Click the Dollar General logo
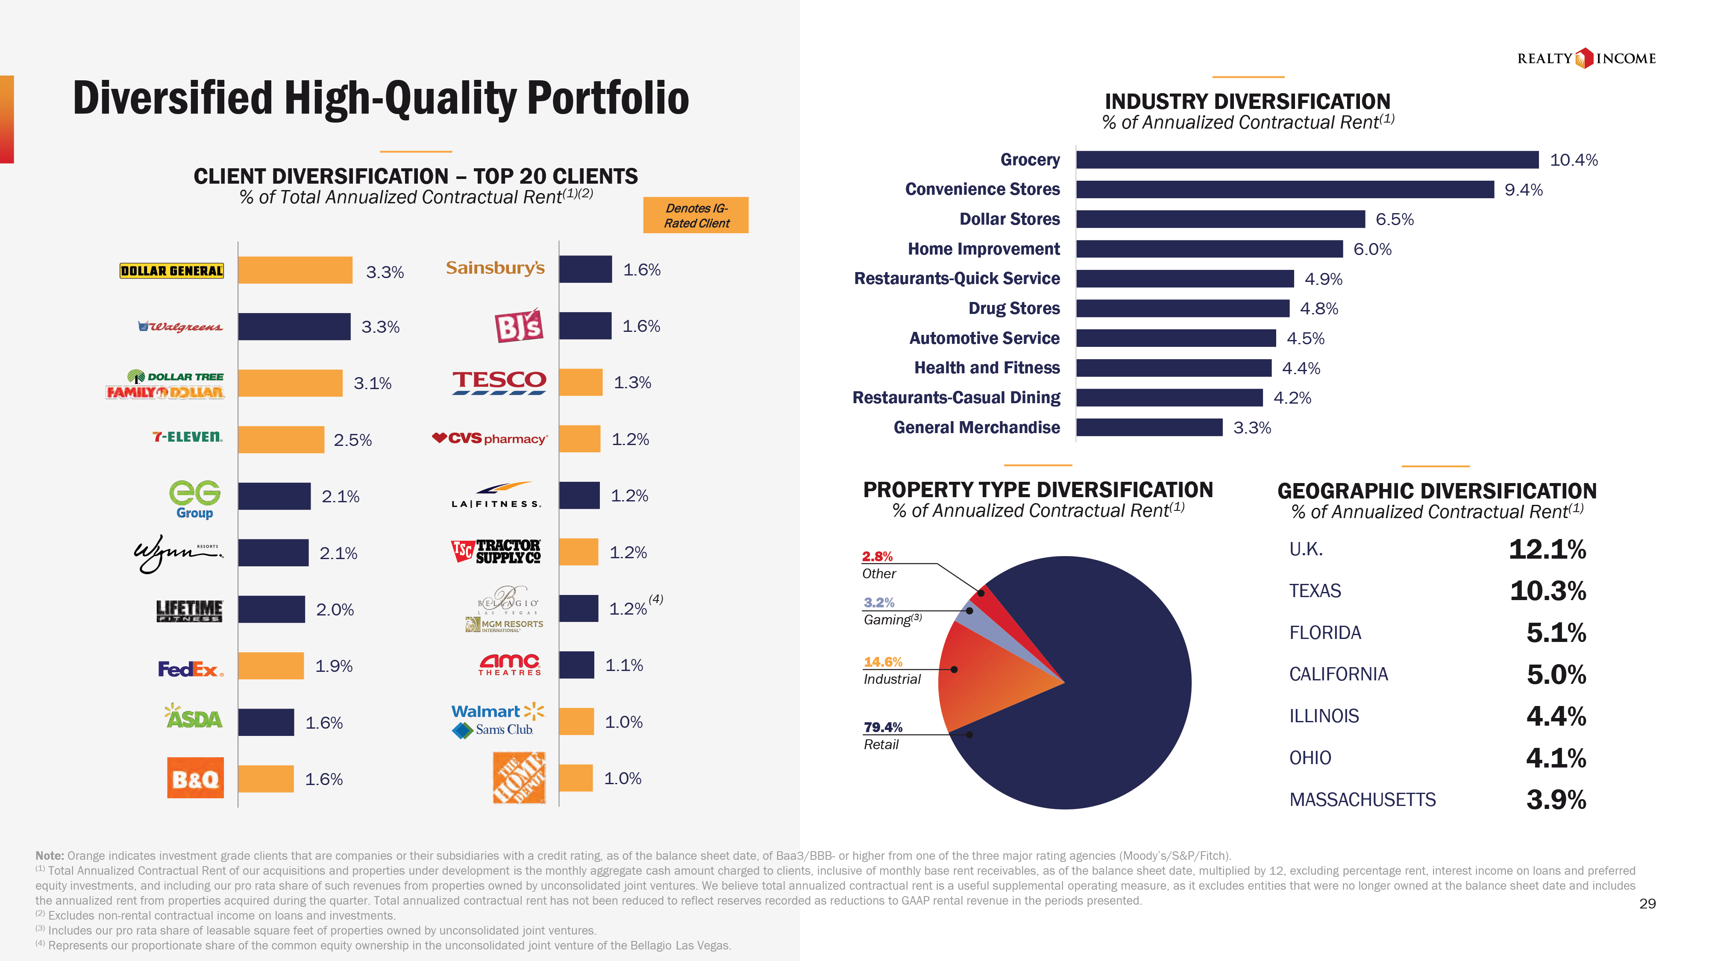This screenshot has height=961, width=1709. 172,271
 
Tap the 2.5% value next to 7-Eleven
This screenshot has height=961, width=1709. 352,440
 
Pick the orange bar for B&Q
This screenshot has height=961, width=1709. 265,779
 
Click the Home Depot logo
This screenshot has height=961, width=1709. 519,778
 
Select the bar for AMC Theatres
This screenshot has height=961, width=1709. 576,665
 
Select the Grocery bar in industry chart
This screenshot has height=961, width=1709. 1307,160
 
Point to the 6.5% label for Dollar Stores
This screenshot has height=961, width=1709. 1395,220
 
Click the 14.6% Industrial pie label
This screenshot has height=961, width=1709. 882,662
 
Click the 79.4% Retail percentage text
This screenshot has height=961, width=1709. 882,727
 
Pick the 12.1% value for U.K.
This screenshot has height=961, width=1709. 1547,549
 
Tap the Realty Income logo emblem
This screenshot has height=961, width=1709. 1584,59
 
